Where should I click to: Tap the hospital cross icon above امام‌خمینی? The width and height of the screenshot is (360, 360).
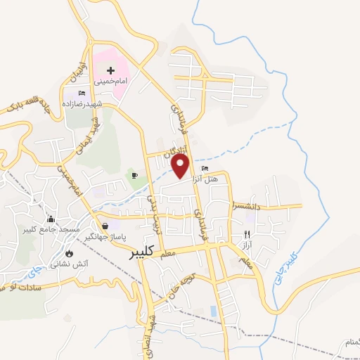click(x=111, y=70)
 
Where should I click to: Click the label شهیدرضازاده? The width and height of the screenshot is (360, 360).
click(x=98, y=103)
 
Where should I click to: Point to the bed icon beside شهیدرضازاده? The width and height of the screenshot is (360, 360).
click(x=82, y=93)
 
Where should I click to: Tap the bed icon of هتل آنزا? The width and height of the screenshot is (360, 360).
click(x=205, y=168)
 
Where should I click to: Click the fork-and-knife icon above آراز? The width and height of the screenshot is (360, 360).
click(x=246, y=234)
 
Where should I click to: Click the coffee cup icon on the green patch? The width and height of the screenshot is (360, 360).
click(x=134, y=174)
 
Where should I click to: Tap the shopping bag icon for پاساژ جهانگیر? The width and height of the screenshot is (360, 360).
click(x=105, y=226)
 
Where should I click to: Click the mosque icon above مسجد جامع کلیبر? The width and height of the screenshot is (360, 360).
click(x=50, y=219)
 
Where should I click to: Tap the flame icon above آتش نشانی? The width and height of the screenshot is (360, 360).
click(x=69, y=253)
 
